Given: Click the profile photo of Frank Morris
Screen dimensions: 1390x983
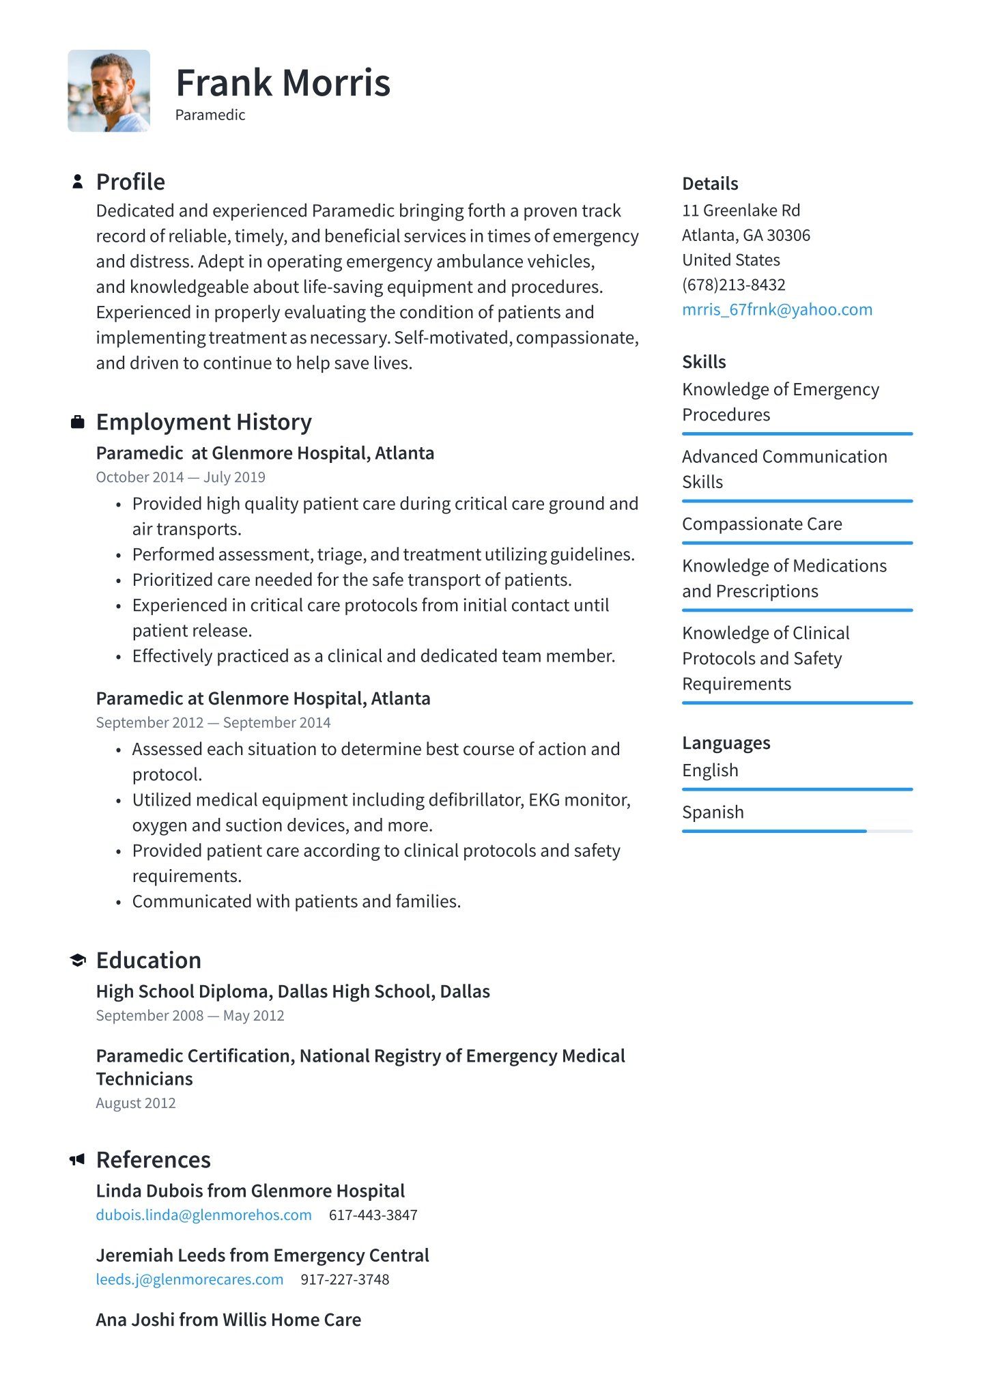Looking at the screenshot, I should (x=109, y=91).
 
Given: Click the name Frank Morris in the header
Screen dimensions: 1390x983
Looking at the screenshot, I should (x=283, y=83).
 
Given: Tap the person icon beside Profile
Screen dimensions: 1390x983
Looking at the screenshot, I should (x=78, y=182).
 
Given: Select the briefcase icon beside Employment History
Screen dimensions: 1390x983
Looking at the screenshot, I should (x=78, y=422).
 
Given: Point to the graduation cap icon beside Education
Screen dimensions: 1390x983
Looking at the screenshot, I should (x=78, y=961).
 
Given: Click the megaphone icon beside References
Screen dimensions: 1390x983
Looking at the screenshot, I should (x=77, y=1159).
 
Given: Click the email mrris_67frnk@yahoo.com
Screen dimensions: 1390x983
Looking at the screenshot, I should (x=777, y=309).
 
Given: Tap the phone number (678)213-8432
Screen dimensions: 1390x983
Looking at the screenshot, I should (x=734, y=285).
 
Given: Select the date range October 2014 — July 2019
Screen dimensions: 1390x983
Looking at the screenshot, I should (x=180, y=477).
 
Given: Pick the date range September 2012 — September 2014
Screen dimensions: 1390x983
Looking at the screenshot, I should (x=213, y=722).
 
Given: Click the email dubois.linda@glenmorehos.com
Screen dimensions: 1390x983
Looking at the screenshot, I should (x=203, y=1215).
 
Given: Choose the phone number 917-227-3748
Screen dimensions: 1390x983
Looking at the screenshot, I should (x=345, y=1279).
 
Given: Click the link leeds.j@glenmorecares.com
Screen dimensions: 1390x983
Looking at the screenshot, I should (x=189, y=1279).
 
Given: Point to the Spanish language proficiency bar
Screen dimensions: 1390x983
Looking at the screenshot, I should (x=797, y=831).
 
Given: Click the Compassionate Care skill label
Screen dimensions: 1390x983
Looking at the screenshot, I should (x=762, y=524).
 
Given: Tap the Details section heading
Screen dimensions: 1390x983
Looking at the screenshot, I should (x=710, y=184).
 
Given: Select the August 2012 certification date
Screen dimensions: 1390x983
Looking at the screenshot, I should (x=136, y=1103).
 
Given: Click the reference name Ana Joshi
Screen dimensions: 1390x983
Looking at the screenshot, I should (x=228, y=1320).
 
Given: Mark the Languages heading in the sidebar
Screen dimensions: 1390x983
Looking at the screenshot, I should (x=726, y=743).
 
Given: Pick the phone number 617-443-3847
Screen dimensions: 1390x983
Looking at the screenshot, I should (x=373, y=1215).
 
